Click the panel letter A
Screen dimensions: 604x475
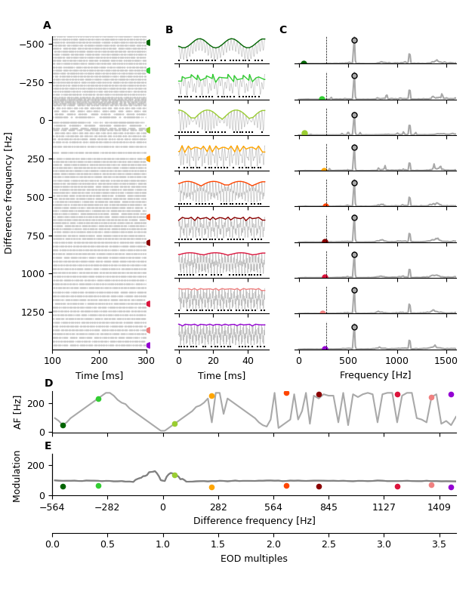click(x=47, y=26)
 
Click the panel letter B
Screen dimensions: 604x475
click(x=169, y=30)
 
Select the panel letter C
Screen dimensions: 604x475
click(x=282, y=30)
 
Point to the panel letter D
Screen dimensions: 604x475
click(x=48, y=384)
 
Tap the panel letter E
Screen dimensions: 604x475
click(x=48, y=446)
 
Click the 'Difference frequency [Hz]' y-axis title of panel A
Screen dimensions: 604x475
click(x=9, y=193)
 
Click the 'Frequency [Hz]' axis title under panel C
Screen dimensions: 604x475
click(x=375, y=375)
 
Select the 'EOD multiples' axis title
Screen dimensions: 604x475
click(x=254, y=559)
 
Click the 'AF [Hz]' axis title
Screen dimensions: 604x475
click(x=18, y=411)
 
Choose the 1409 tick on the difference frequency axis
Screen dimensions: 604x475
click(x=440, y=508)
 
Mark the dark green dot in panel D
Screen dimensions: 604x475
click(x=63, y=425)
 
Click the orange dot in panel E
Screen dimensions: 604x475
click(x=211, y=487)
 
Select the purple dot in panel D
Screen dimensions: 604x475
click(x=451, y=394)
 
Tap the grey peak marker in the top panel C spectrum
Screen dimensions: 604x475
click(x=354, y=40)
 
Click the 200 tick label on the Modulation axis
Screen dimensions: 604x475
click(x=38, y=465)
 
